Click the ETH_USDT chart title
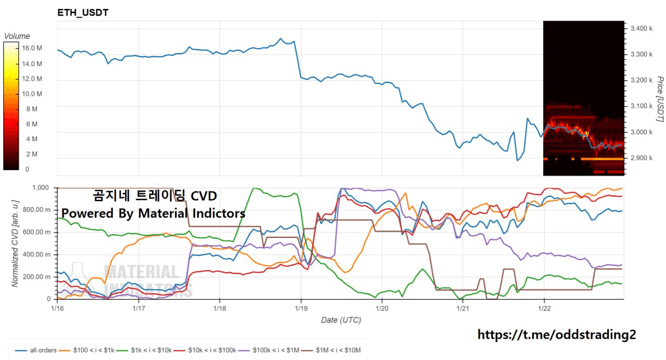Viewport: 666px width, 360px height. pos(83,12)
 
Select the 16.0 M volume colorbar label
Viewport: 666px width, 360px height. pos(32,48)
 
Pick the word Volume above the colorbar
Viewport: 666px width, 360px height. pos(17,36)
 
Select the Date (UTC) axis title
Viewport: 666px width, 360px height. pos(340,320)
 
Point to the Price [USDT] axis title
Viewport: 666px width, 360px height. pos(659,99)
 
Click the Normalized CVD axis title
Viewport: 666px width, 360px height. pos(15,242)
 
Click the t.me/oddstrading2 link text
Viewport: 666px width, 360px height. pos(556,335)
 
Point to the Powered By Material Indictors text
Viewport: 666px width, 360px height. pos(153,213)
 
